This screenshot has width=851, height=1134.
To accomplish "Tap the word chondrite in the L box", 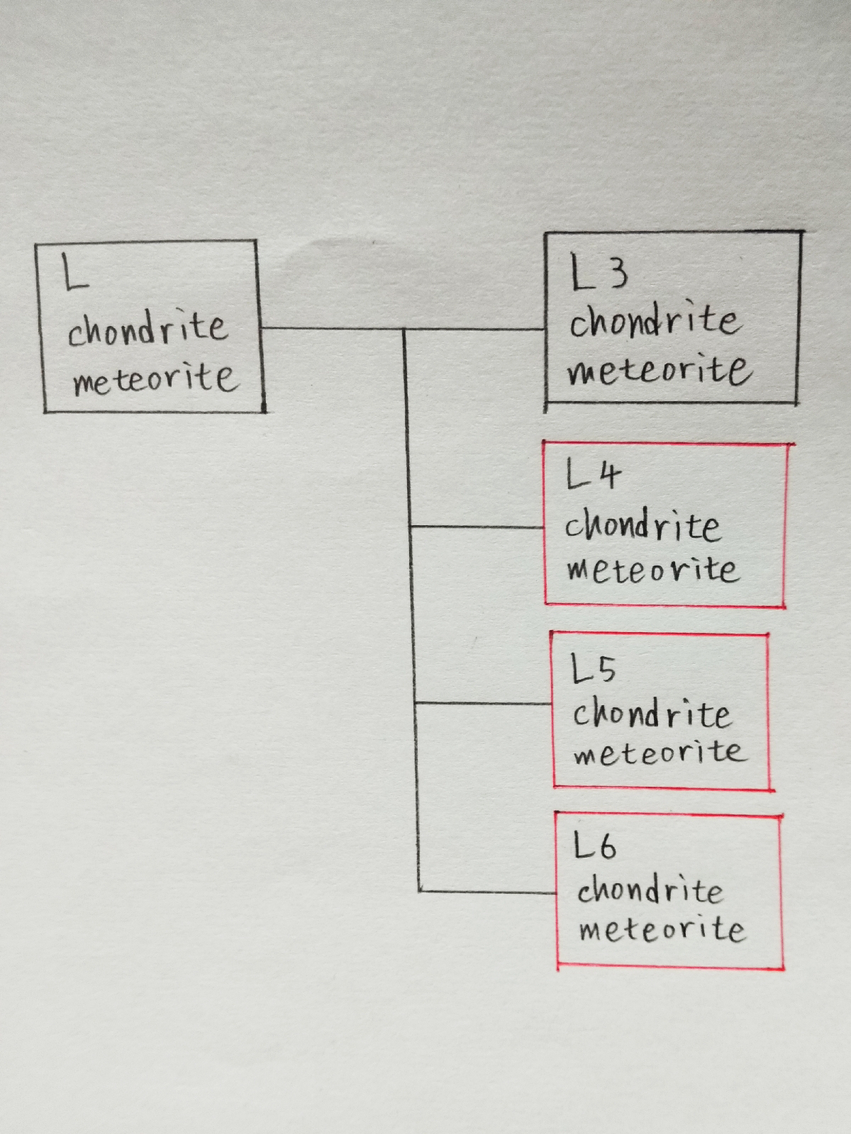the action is coord(148,329).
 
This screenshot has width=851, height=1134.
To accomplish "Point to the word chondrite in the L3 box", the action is coord(654,322).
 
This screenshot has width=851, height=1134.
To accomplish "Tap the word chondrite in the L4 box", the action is coord(643,526).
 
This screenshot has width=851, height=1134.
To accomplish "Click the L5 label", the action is coord(594,669).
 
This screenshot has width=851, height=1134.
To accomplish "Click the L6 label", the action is coord(595,846).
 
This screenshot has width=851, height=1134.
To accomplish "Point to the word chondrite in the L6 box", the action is coord(650,890).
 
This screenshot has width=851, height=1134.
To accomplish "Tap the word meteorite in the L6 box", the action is coord(662,929).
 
